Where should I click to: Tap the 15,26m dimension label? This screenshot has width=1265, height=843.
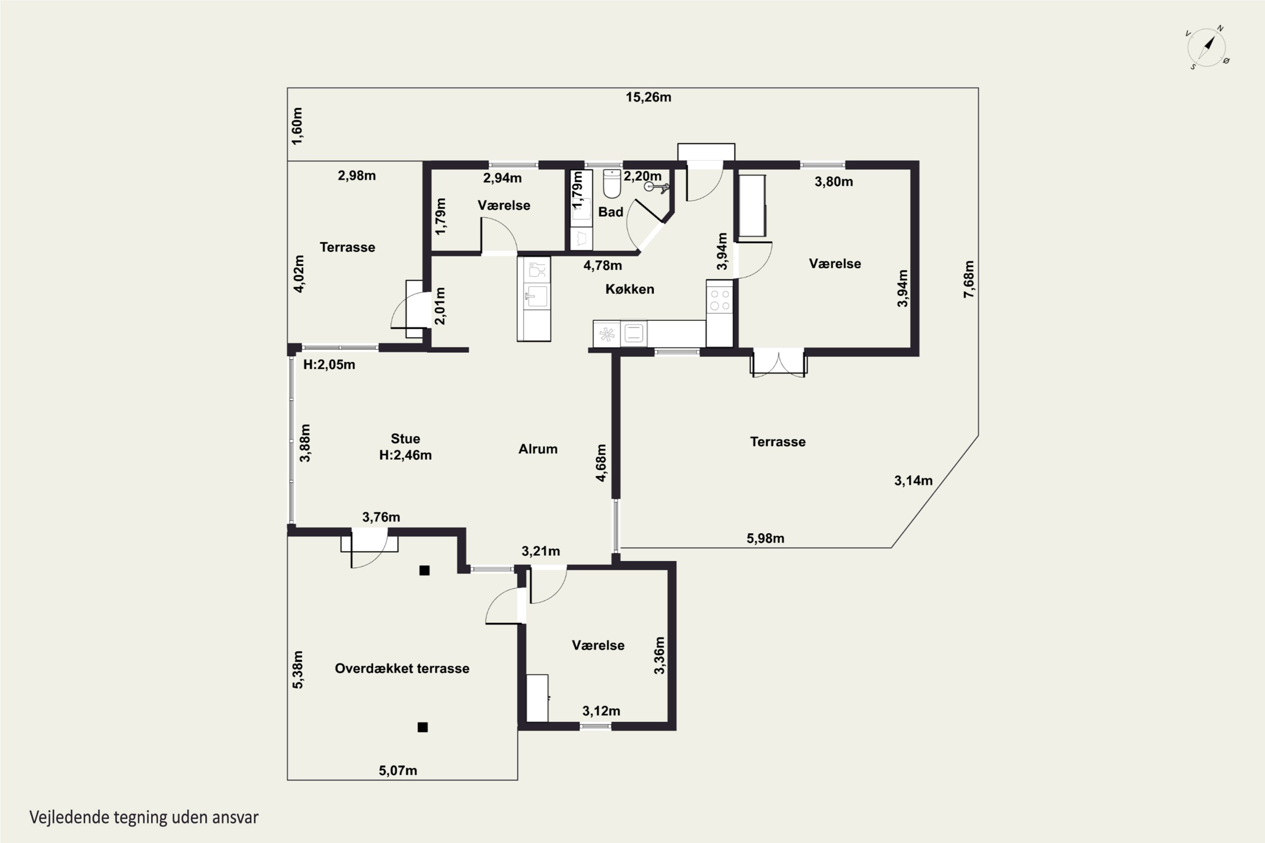point(648,97)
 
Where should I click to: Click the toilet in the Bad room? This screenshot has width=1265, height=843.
point(612,183)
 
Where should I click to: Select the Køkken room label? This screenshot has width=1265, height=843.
point(630,289)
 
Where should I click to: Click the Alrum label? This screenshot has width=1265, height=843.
point(538,449)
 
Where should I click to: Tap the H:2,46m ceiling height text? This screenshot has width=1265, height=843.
point(406,455)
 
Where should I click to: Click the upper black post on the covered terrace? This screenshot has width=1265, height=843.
point(424,570)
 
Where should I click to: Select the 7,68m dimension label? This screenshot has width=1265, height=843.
point(969,279)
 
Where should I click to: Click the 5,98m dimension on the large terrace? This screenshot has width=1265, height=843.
point(765,538)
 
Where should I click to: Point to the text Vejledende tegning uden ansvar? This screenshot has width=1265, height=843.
point(144,818)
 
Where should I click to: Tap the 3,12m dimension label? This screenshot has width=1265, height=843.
point(601,711)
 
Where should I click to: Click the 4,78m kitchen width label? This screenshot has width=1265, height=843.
point(603,266)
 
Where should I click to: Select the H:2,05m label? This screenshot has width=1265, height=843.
point(329,365)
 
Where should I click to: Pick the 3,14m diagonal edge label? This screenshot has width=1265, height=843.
point(913,481)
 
